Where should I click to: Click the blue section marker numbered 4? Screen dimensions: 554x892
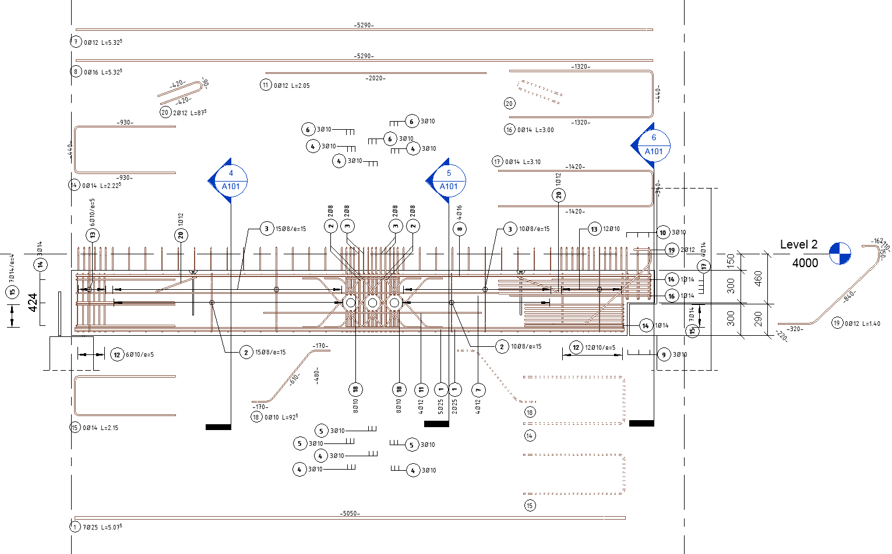[230, 180]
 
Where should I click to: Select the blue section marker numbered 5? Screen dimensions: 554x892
[448, 180]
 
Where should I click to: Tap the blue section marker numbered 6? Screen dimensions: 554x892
[653, 145]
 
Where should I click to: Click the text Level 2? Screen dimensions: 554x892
[798, 245]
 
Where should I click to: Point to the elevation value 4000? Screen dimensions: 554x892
[805, 263]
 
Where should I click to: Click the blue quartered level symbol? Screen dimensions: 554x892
[840, 253]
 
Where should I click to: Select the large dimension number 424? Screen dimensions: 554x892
[33, 302]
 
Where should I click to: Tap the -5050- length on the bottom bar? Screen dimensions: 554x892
[350, 513]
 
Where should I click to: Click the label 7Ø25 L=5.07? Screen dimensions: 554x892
[103, 527]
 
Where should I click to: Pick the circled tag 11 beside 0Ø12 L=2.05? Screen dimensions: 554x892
[266, 85]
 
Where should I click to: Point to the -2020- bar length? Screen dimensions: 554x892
[375, 78]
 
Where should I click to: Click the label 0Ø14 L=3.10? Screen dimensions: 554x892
[523, 162]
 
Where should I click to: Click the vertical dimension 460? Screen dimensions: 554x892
[758, 278]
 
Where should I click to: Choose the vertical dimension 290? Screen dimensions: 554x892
[758, 318]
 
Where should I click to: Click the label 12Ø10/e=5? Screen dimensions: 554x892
[600, 348]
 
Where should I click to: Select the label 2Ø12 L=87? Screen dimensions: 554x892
[189, 113]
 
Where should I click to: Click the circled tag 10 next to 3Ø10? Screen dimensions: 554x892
[662, 233]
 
